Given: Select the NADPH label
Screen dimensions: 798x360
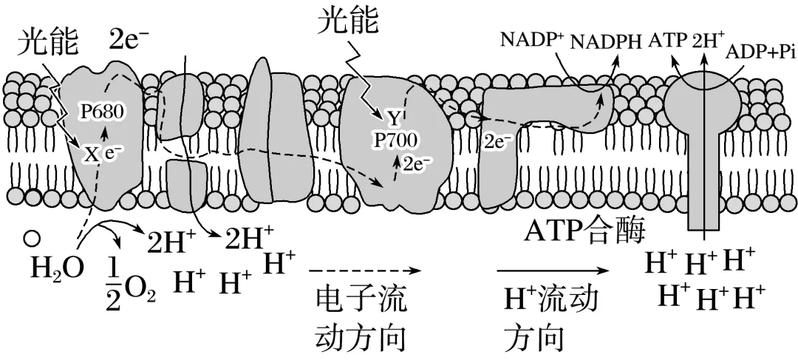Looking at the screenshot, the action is click(605, 41).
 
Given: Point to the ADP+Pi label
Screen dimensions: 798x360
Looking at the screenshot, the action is click(760, 52).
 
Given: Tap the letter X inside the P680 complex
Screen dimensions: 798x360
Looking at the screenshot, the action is click(90, 154).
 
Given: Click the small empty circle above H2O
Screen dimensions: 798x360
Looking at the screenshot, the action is click(31, 238).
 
